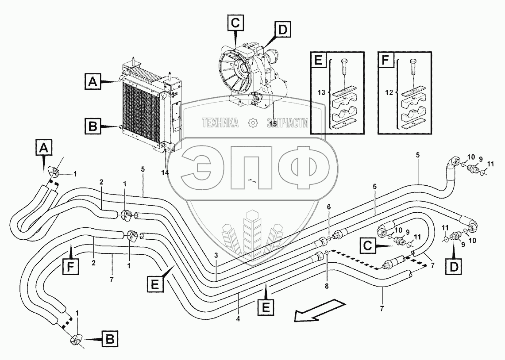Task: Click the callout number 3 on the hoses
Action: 216,255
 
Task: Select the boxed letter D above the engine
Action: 281,30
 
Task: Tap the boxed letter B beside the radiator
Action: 93,127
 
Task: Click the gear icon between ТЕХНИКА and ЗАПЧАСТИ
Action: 253,123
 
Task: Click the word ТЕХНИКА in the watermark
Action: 220,123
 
